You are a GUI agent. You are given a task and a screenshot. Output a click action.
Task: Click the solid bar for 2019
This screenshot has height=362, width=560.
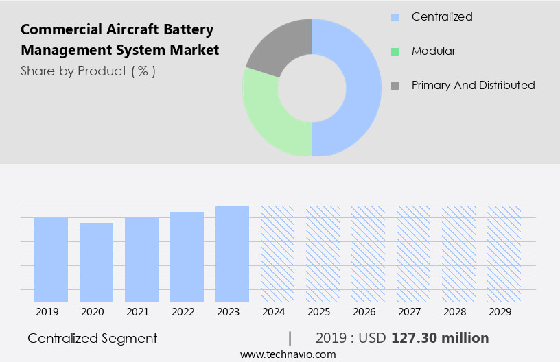point(51,259)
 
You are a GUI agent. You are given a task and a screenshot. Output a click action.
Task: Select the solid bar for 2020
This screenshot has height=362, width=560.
point(96,262)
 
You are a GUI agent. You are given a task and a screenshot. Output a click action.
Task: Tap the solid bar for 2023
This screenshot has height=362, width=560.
point(232,254)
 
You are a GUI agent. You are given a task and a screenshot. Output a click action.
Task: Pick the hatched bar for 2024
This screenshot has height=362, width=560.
point(277,254)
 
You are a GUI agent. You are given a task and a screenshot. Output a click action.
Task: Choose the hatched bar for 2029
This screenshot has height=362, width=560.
point(504,254)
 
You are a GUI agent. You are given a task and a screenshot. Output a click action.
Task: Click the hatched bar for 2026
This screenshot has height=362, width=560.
point(368,254)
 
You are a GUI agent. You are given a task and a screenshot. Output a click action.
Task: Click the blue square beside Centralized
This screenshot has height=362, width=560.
point(395,16)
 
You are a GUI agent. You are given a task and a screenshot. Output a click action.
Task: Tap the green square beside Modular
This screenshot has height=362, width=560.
point(395,51)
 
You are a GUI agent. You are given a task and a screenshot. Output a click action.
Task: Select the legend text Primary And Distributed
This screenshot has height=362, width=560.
point(473,85)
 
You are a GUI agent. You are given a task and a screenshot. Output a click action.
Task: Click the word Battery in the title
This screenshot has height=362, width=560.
point(190,29)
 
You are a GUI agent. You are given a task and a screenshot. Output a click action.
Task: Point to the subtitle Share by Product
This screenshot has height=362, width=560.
point(88,71)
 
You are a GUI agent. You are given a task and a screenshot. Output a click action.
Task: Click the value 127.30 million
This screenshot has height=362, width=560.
point(440,338)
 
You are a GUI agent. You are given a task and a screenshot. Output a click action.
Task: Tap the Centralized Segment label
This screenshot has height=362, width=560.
point(92,338)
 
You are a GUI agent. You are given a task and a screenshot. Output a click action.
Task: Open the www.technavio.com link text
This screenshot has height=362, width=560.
point(288,354)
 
